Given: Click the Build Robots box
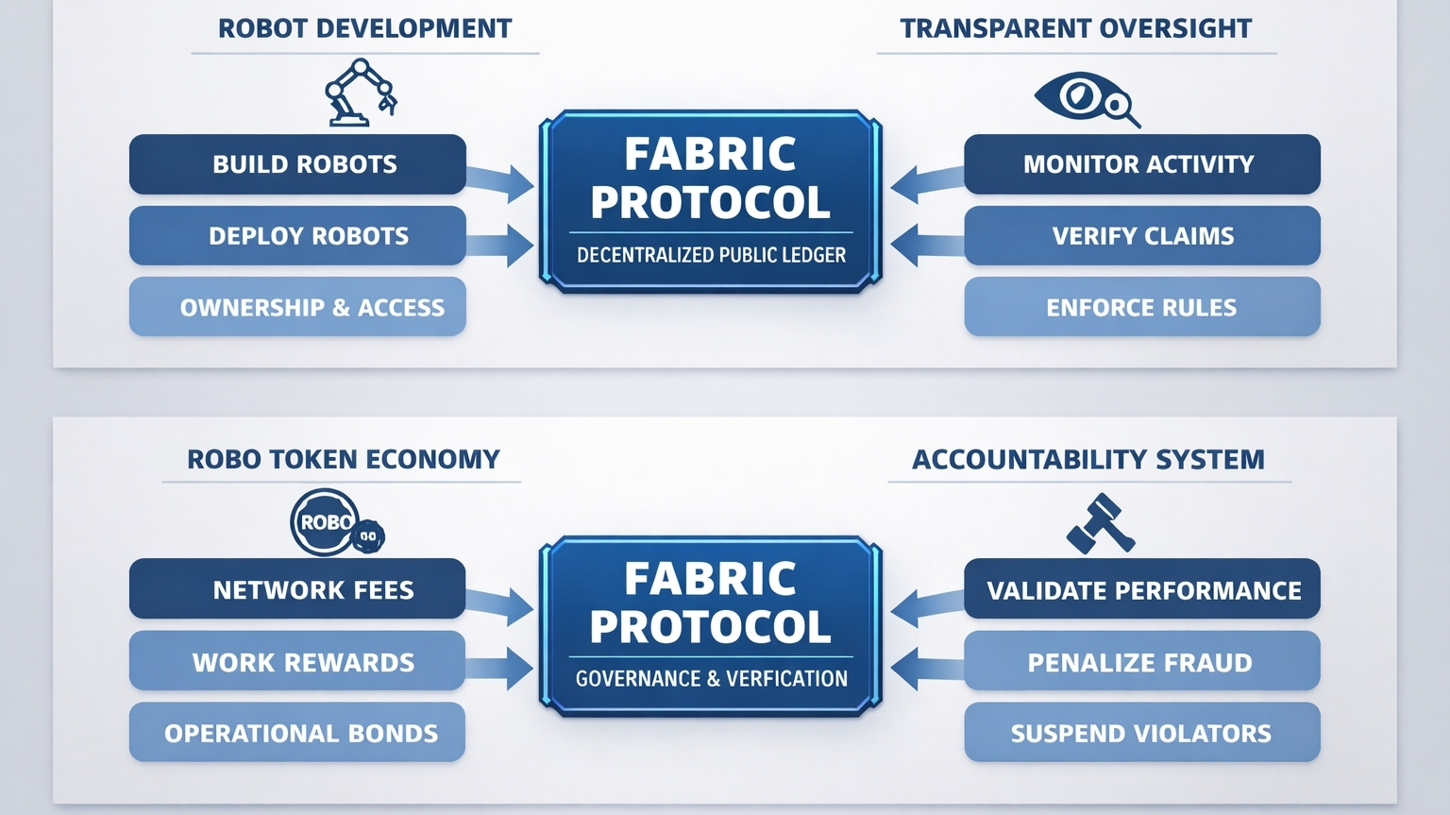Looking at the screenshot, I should point(297,164).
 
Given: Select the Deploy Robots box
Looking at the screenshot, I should point(297,236).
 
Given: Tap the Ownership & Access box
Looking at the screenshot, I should point(297,307).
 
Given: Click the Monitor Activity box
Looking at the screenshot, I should point(1141,164).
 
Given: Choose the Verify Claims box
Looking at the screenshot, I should point(1141,236).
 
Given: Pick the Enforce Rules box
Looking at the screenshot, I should point(1141,307).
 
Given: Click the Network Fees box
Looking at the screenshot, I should point(297,589).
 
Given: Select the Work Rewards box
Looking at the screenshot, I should point(297,661).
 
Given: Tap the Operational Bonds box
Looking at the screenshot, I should point(297,733).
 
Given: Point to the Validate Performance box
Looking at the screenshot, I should point(1141,589).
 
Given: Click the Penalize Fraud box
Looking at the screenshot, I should point(1141,661).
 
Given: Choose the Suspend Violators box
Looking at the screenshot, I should point(1141,733).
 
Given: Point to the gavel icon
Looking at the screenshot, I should point(1100,523).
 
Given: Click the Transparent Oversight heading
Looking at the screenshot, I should point(1075,28).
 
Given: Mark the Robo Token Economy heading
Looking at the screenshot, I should point(343,460).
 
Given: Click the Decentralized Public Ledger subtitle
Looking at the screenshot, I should point(711,255).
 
